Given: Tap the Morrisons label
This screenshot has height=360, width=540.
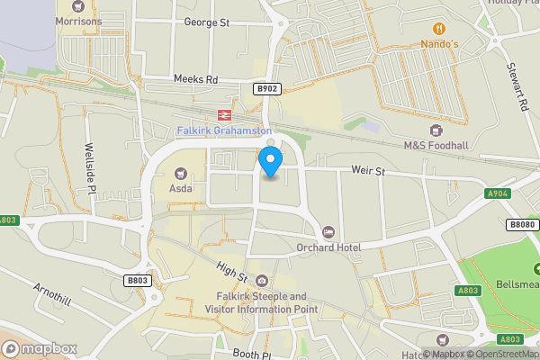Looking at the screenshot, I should (x=80, y=20).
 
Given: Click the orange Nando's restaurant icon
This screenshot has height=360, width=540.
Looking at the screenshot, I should (x=438, y=27).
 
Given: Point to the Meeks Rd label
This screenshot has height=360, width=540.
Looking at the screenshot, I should (x=196, y=79).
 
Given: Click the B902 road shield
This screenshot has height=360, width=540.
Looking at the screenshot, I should (x=266, y=89).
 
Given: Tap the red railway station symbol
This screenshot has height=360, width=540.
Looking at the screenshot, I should (x=221, y=115).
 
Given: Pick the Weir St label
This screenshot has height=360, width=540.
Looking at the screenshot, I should (x=368, y=170).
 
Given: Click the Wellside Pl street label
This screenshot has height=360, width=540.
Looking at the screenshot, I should (x=91, y=166).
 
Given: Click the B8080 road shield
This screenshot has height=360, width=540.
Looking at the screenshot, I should (x=520, y=224).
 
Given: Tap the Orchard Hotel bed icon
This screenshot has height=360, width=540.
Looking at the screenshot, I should (x=328, y=232).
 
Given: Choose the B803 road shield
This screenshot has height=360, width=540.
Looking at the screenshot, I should (x=137, y=281).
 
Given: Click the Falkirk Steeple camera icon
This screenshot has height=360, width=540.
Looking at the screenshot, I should (x=261, y=281).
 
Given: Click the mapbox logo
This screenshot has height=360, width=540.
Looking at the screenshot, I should (x=39, y=348).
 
